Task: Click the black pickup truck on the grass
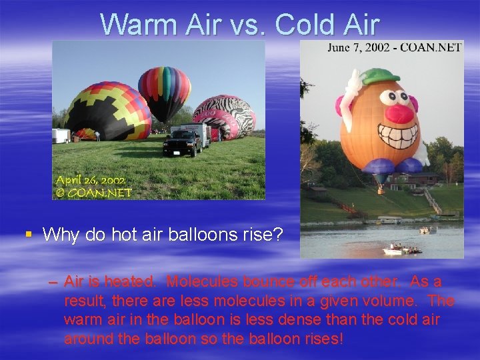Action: click(x=181, y=142)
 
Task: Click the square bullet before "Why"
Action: click(x=28, y=234)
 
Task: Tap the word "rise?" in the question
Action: click(x=265, y=235)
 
